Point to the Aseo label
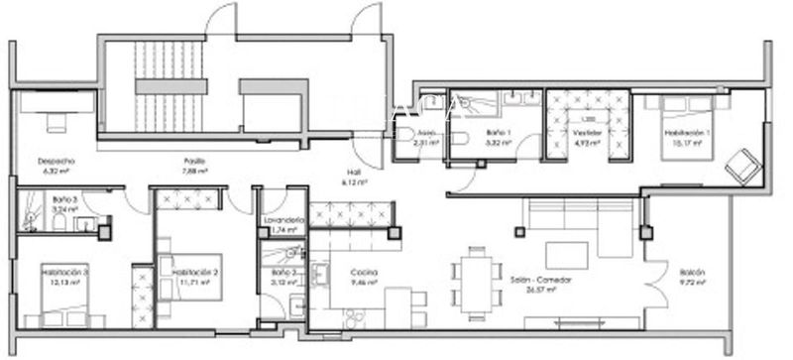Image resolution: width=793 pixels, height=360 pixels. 426,132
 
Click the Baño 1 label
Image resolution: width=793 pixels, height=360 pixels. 499,132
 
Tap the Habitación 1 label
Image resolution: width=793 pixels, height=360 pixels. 684,132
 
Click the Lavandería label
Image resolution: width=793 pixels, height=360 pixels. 282,220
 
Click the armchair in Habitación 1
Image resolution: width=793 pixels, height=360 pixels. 742,166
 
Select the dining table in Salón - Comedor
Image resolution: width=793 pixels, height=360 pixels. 473,273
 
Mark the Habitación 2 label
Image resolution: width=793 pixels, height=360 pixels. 195,272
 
